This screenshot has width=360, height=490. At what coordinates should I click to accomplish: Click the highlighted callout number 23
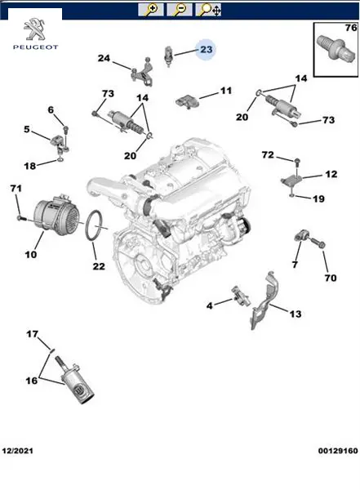coord(207,49)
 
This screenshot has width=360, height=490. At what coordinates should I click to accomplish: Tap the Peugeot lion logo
coord(34,29)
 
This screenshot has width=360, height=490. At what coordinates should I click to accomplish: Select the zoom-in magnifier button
coord(151,10)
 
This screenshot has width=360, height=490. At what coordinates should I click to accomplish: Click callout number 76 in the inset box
coord(351,28)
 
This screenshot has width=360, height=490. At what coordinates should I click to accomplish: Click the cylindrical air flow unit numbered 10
coord(57,213)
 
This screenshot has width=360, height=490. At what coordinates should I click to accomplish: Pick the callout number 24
coord(104,58)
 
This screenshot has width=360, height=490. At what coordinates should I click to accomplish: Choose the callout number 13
coord(295,314)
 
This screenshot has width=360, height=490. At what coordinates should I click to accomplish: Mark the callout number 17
coord(32,334)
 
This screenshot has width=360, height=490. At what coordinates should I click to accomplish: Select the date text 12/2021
coord(17,451)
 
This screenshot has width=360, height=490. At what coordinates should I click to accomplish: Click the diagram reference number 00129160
coord(338,451)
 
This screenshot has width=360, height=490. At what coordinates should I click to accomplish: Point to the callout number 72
coord(268,154)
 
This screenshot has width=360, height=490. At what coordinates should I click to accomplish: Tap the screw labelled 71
coord(20,217)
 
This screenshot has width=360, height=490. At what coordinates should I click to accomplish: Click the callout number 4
coord(209,305)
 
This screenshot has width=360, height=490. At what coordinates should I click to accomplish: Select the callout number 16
coord(31,381)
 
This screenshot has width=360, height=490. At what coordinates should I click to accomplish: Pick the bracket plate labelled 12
coord(291,181)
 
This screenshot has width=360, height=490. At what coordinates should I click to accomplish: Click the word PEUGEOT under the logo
coord(35,47)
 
